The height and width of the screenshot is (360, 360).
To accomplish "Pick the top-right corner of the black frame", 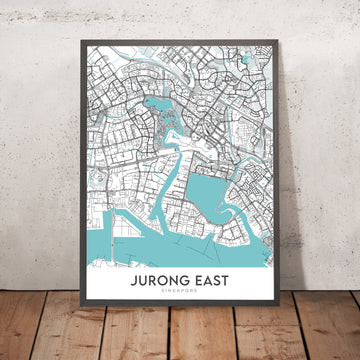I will click(x=291, y=46).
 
